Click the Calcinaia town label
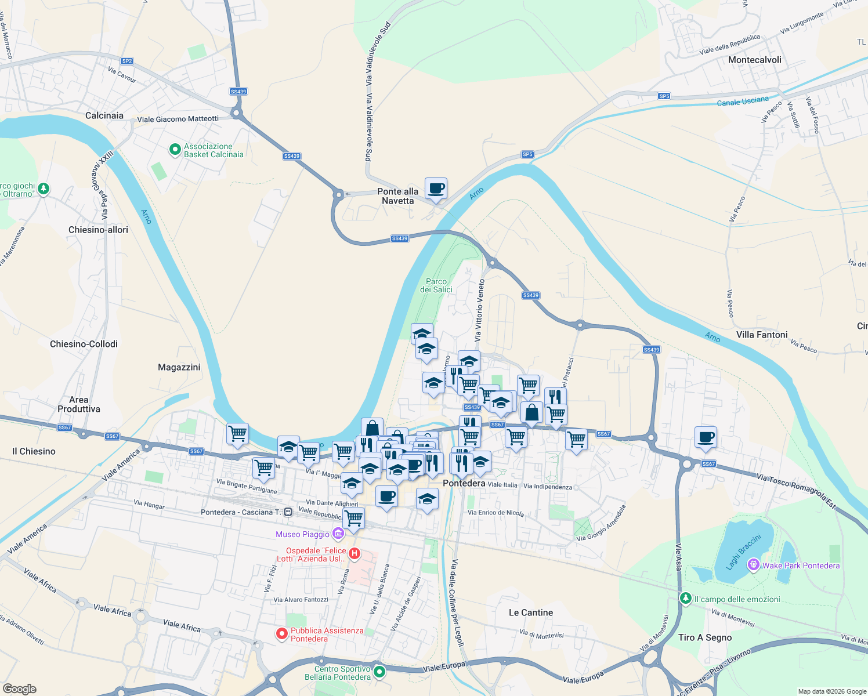click(104, 115)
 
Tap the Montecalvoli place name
click(754, 60)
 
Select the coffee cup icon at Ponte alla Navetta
click(436, 188)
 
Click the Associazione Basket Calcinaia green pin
click(175, 150)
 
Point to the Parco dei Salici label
click(436, 285)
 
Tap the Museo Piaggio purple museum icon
click(338, 534)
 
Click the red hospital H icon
click(354, 554)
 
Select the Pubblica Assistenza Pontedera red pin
click(281, 634)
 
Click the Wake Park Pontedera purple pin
click(753, 564)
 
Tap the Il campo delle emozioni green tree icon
click(686, 599)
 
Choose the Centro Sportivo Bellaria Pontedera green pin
click(379, 672)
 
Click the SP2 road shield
click(127, 61)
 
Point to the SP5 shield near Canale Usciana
click(664, 96)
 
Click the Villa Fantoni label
click(762, 335)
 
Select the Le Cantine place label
click(530, 612)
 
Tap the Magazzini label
click(179, 367)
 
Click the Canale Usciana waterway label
click(743, 101)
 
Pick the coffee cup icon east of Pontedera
click(706, 437)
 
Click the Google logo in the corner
click(19, 689)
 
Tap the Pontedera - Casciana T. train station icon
click(288, 512)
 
